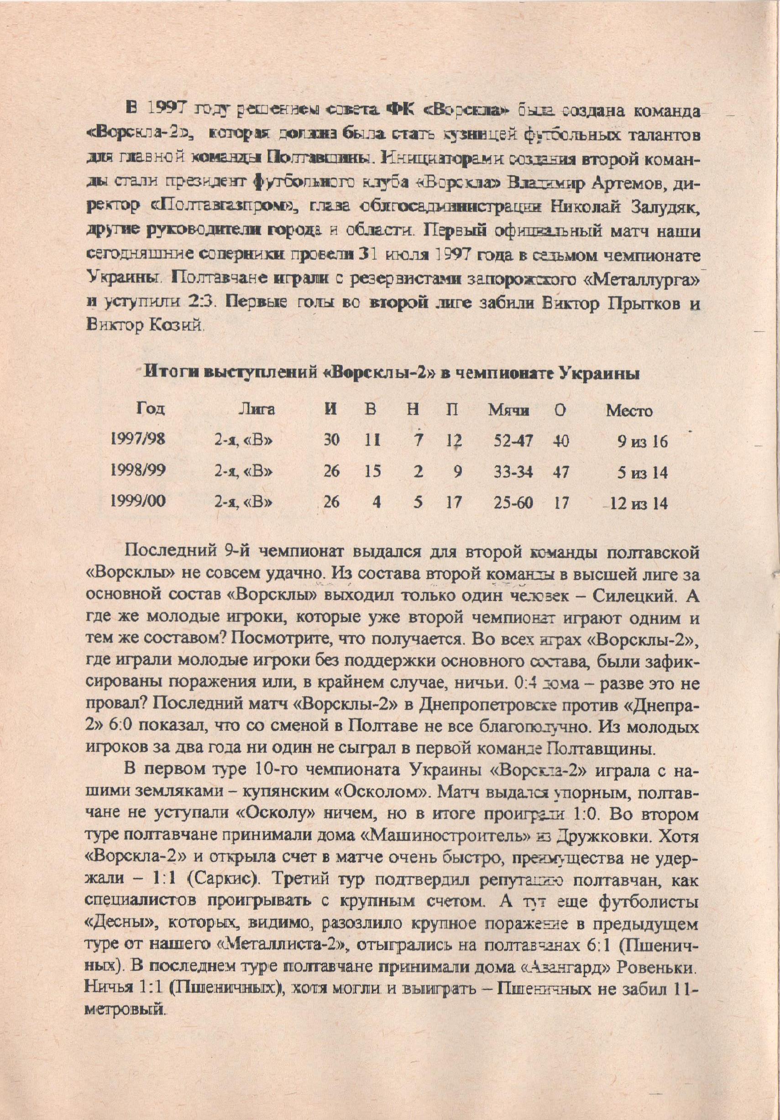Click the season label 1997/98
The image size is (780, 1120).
click(139, 440)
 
